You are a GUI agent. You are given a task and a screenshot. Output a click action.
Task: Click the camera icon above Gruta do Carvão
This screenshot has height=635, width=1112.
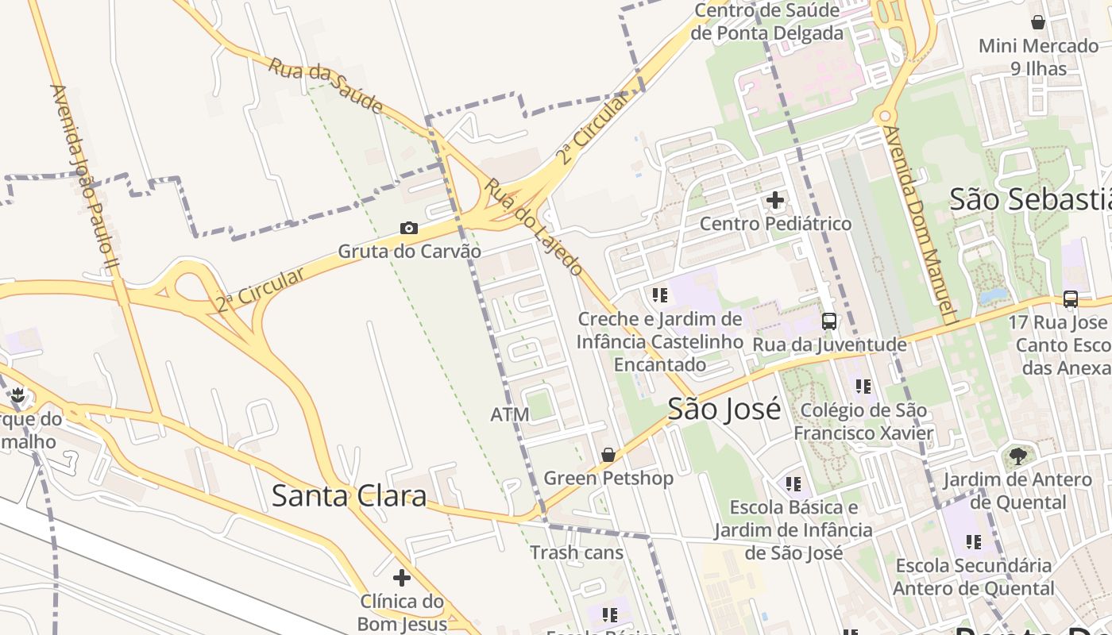click(409, 229)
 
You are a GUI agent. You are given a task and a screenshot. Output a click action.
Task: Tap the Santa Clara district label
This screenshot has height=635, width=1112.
click(349, 495)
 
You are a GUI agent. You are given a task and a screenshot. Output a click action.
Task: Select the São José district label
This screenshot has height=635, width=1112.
click(724, 409)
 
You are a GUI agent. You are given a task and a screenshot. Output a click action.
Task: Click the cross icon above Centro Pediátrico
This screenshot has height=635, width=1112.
click(775, 200)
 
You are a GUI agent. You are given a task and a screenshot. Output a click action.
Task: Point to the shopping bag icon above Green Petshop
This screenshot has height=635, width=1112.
click(608, 455)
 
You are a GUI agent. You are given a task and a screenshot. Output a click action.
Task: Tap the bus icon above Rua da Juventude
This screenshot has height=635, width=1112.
click(829, 321)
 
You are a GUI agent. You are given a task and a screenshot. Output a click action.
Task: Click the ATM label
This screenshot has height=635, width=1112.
click(509, 414)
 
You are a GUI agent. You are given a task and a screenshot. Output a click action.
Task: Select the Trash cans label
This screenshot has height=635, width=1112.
click(577, 552)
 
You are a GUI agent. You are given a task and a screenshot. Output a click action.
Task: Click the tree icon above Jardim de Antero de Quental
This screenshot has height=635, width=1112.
click(1017, 456)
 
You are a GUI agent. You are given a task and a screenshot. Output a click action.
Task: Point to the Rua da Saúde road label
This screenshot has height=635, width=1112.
click(325, 86)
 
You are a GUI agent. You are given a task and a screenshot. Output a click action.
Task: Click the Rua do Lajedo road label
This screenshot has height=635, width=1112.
click(534, 226)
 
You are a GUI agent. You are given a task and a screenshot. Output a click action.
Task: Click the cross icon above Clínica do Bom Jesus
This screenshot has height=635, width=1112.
click(402, 577)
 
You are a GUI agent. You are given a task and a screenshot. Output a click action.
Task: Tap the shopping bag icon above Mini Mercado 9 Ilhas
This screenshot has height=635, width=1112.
click(1037, 22)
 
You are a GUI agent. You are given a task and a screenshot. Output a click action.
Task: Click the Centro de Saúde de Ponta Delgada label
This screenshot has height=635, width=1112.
click(766, 22)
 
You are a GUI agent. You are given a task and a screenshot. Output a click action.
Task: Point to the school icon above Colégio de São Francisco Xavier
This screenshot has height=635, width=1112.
click(863, 387)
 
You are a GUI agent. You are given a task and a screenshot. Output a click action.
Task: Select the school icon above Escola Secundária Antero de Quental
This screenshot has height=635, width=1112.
click(974, 542)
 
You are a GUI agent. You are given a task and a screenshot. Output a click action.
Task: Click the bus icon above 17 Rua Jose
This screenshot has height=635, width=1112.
click(1071, 299)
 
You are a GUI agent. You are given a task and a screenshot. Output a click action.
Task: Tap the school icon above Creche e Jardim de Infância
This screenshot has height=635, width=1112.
click(660, 295)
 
